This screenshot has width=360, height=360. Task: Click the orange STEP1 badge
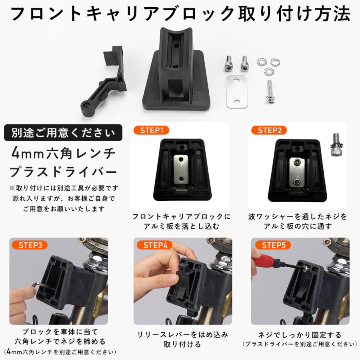click(x=151, y=130)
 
